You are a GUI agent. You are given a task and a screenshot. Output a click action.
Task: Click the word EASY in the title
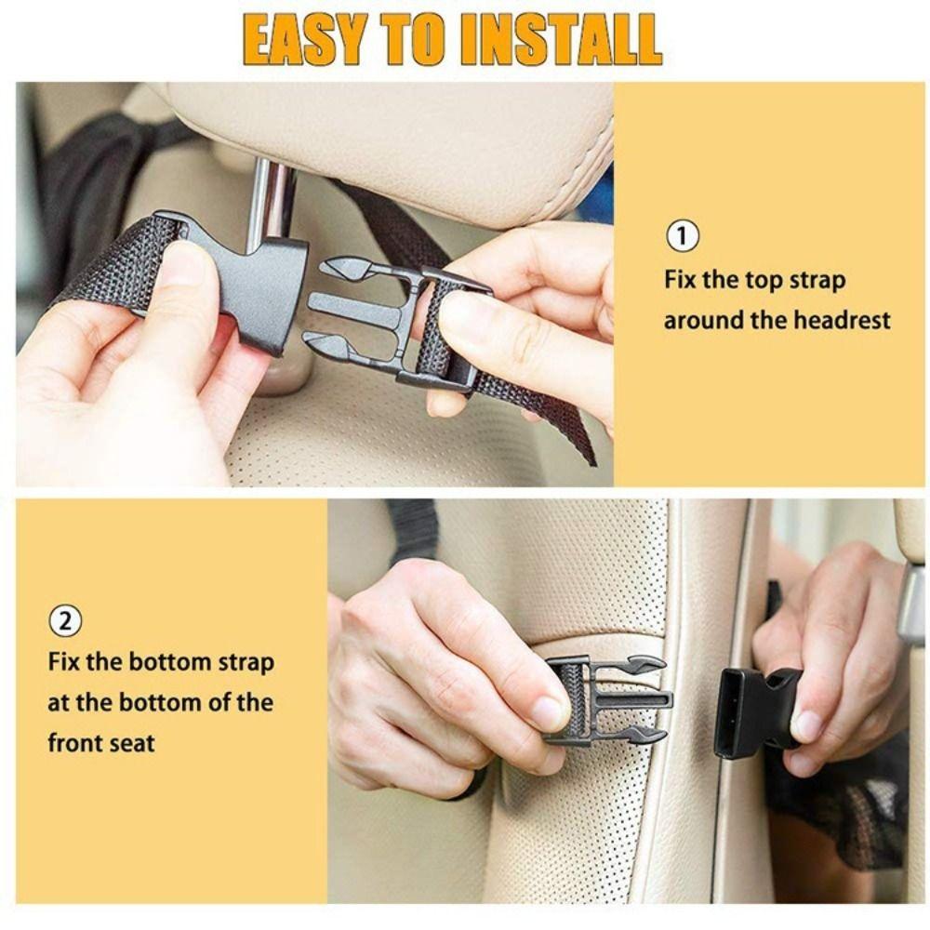click(x=303, y=39)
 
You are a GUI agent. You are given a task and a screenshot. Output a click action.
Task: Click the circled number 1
click(x=683, y=236)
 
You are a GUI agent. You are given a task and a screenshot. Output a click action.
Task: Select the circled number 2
click(x=64, y=620)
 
